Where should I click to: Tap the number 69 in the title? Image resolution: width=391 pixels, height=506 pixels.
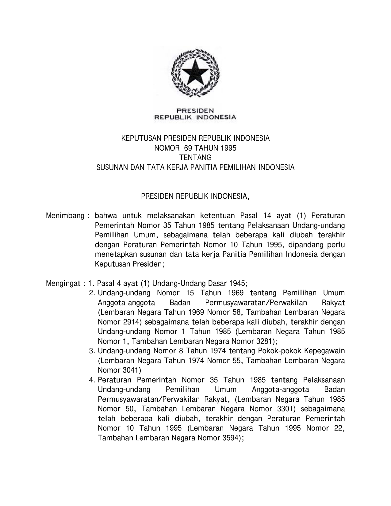(187, 148)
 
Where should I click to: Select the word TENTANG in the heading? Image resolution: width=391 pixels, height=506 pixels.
(196, 158)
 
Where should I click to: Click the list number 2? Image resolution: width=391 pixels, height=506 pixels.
(92, 293)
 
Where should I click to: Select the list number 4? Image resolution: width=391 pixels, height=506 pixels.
(92, 380)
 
